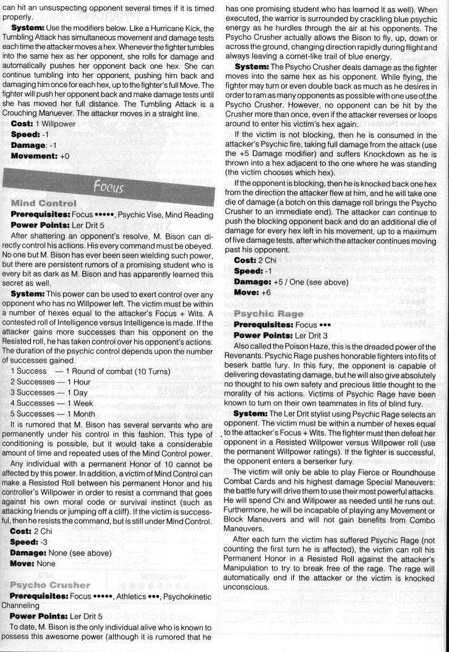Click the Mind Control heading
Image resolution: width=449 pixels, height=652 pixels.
click(43, 203)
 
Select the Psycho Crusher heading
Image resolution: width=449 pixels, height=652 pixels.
click(49, 585)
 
